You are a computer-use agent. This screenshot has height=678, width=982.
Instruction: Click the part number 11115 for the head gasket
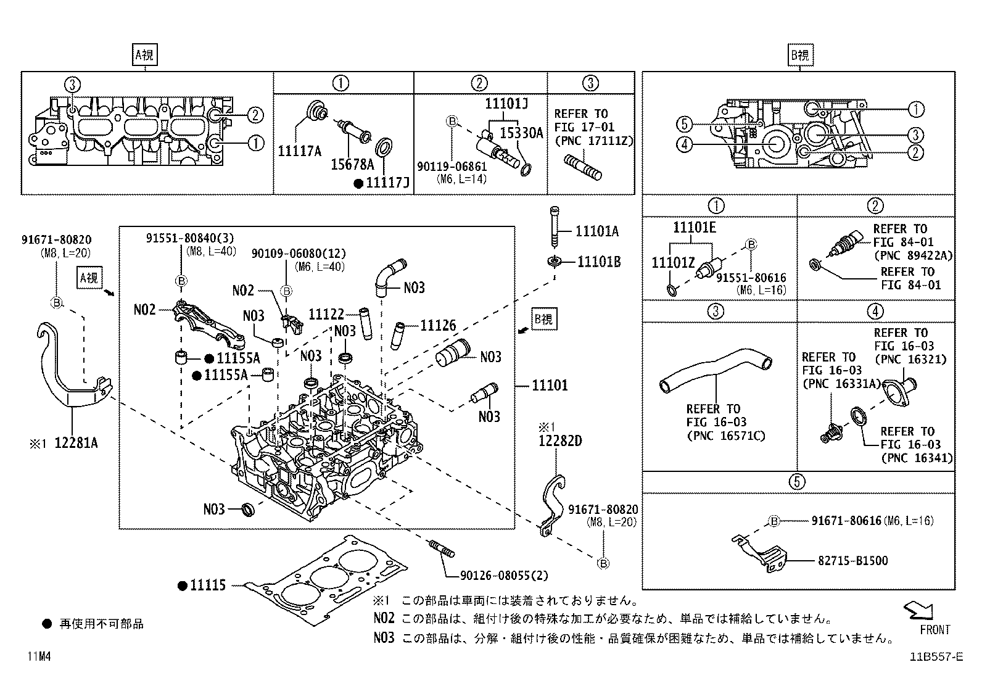click(208, 586)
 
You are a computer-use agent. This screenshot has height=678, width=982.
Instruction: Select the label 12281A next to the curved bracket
click(76, 443)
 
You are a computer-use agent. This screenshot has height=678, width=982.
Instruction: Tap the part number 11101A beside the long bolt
click(596, 231)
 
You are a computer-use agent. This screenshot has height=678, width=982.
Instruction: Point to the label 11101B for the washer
click(598, 262)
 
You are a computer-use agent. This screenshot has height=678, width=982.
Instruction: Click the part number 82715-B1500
click(852, 561)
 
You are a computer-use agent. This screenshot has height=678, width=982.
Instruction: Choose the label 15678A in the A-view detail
click(352, 165)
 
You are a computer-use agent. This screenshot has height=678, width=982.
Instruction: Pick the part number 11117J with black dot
click(389, 183)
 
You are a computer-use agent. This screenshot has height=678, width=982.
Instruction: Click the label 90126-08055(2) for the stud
click(504, 575)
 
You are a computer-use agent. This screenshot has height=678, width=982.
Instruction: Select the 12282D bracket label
click(560, 441)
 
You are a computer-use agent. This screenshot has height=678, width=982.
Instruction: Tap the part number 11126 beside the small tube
click(438, 325)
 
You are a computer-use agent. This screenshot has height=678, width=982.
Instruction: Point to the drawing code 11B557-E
click(935, 657)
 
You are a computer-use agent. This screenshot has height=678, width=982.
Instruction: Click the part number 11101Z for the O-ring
click(674, 263)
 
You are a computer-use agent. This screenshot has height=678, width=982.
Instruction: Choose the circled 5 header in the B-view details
click(798, 481)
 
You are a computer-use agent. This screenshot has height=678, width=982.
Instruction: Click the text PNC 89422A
click(912, 255)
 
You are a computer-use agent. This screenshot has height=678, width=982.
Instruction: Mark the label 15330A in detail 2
click(521, 133)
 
